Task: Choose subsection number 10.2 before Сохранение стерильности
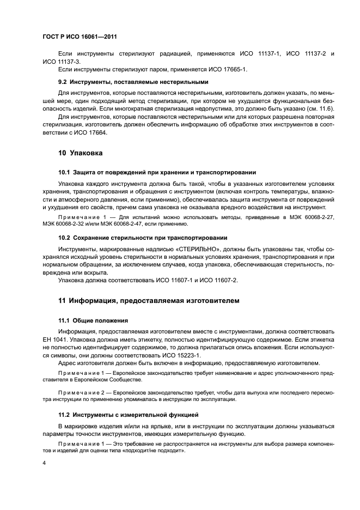pyautogui.click(x=65, y=238)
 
